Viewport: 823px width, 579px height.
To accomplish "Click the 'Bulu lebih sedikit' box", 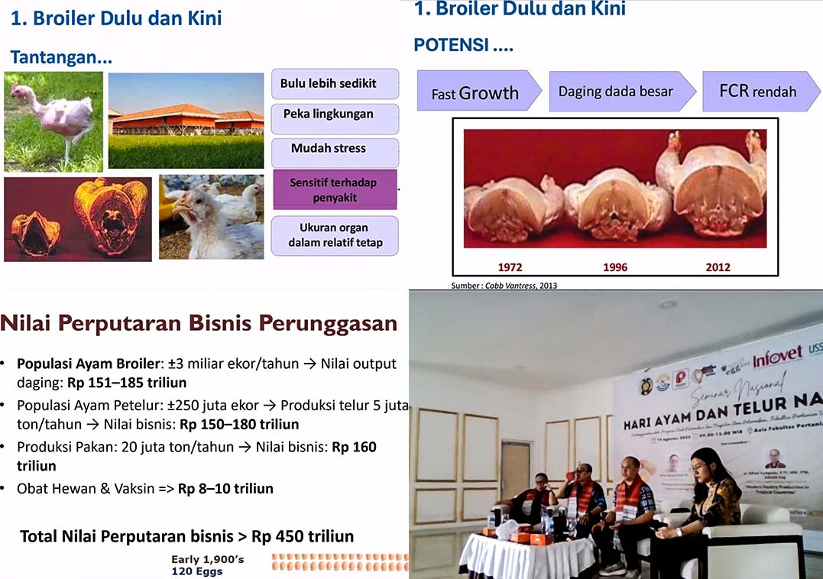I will click(335, 83).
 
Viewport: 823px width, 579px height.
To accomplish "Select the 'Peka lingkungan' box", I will click(335, 115).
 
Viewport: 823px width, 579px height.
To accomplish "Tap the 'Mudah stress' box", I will click(335, 149).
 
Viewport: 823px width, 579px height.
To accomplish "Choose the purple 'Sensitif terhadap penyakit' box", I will click(335, 190).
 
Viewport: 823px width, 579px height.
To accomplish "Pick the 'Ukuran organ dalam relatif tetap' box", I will click(335, 235).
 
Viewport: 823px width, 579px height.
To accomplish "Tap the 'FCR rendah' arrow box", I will click(757, 92).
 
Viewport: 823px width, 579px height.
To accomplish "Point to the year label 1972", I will click(510, 267).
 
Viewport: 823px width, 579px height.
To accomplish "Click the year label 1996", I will click(615, 267).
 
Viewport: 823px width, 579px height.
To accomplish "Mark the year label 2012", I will click(718, 267).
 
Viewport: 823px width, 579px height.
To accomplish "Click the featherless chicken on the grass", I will click(53, 121).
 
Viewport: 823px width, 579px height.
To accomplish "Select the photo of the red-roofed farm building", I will click(186, 120).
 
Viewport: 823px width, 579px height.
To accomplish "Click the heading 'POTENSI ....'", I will click(463, 45).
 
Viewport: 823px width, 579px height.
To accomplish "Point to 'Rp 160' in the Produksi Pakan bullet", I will click(355, 447).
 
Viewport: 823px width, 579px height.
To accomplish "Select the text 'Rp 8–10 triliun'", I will click(225, 488).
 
